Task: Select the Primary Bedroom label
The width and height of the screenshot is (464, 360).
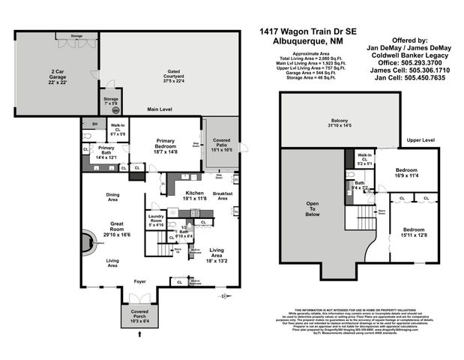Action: [x=166, y=145]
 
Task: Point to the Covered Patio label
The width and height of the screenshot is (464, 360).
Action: [x=222, y=145]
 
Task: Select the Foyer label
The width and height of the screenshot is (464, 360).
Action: [x=140, y=282]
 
